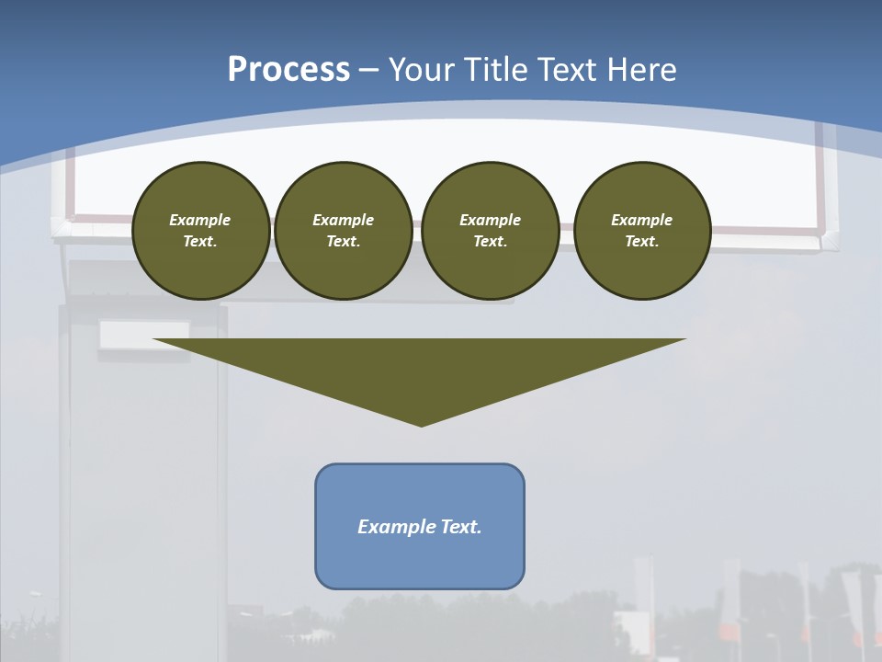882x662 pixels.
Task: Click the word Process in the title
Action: click(x=288, y=70)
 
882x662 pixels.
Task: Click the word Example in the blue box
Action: click(x=393, y=527)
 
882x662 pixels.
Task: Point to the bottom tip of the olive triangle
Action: click(x=421, y=424)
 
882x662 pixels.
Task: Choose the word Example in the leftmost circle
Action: click(x=200, y=220)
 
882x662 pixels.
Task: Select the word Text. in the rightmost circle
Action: click(x=642, y=241)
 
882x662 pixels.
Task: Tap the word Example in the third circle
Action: click(x=491, y=220)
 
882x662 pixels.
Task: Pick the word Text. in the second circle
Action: click(x=344, y=241)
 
